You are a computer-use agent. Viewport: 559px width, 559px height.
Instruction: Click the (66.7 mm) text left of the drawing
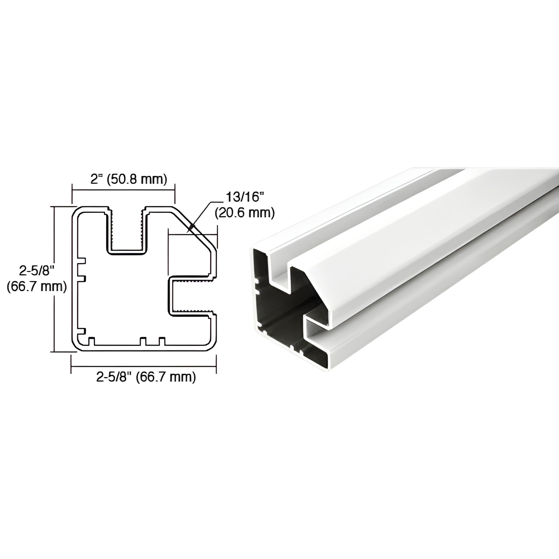click(37, 286)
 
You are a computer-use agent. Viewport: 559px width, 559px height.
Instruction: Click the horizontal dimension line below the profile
click(144, 366)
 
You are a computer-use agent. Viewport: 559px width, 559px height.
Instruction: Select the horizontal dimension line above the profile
click(123, 190)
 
